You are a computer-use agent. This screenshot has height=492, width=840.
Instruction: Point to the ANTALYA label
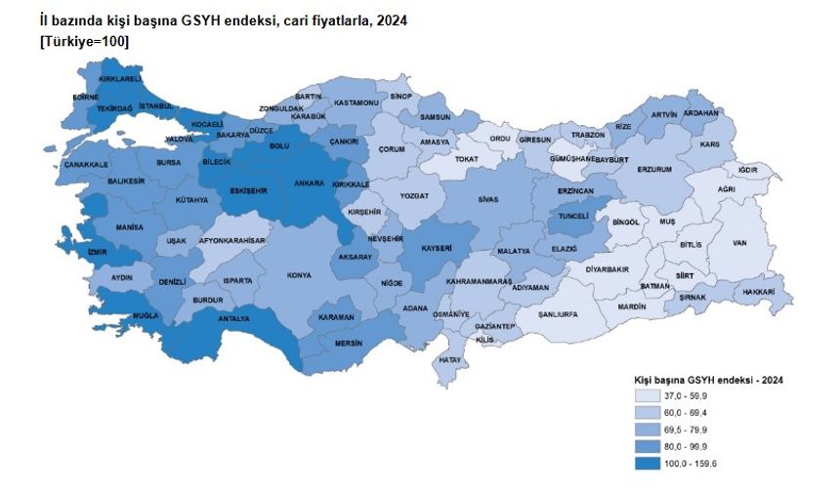234,318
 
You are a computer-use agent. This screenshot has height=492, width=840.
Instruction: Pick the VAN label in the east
739,243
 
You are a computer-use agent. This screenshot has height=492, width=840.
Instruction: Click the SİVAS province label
488,199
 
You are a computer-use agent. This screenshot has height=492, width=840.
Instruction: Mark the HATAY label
449,360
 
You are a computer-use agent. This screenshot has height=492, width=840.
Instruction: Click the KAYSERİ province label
436,249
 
